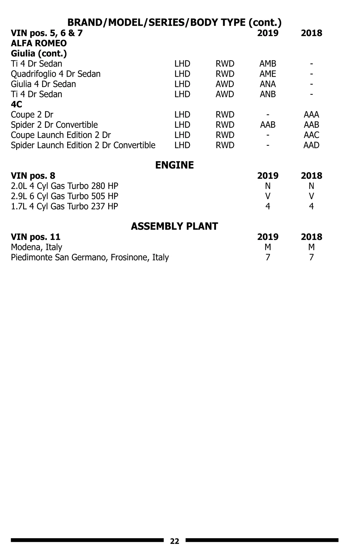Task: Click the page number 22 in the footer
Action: tap(174, 541)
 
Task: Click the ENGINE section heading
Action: tap(174, 165)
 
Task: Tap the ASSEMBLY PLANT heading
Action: tap(174, 226)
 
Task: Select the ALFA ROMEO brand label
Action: tap(39, 43)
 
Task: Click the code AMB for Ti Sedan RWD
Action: tap(268, 64)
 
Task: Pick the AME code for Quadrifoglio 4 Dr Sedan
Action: tap(268, 74)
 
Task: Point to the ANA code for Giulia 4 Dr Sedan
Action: tap(268, 84)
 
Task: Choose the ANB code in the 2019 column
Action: tap(268, 94)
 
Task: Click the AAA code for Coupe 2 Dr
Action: tap(311, 115)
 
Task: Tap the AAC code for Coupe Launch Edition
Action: tap(311, 135)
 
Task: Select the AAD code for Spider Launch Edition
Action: tap(311, 145)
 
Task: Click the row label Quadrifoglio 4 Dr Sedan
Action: tap(55, 74)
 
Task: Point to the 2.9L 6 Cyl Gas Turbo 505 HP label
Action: tap(64, 196)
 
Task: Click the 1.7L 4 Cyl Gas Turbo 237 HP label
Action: tap(64, 207)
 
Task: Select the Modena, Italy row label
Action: tap(36, 247)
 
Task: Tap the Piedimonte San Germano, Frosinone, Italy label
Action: tap(90, 258)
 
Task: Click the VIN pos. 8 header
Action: tap(33, 176)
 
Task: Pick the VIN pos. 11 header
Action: tap(35, 237)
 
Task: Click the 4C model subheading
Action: tap(16, 105)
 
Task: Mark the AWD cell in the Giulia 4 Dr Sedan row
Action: tap(225, 84)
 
